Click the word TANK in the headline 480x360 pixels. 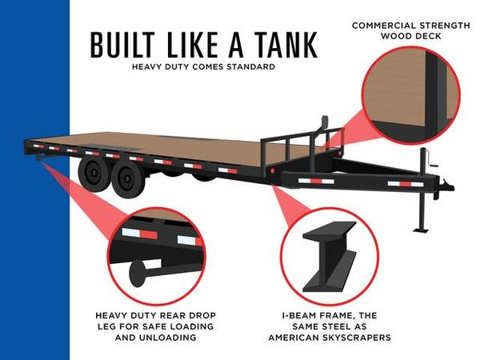click(x=286, y=45)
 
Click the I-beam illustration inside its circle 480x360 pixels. click(x=330, y=257)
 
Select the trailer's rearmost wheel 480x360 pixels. click(x=94, y=174)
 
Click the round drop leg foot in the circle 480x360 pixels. click(x=137, y=273)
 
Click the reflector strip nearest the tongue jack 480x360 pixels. click(x=406, y=184)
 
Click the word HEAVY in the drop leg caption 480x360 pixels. click(x=111, y=315)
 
